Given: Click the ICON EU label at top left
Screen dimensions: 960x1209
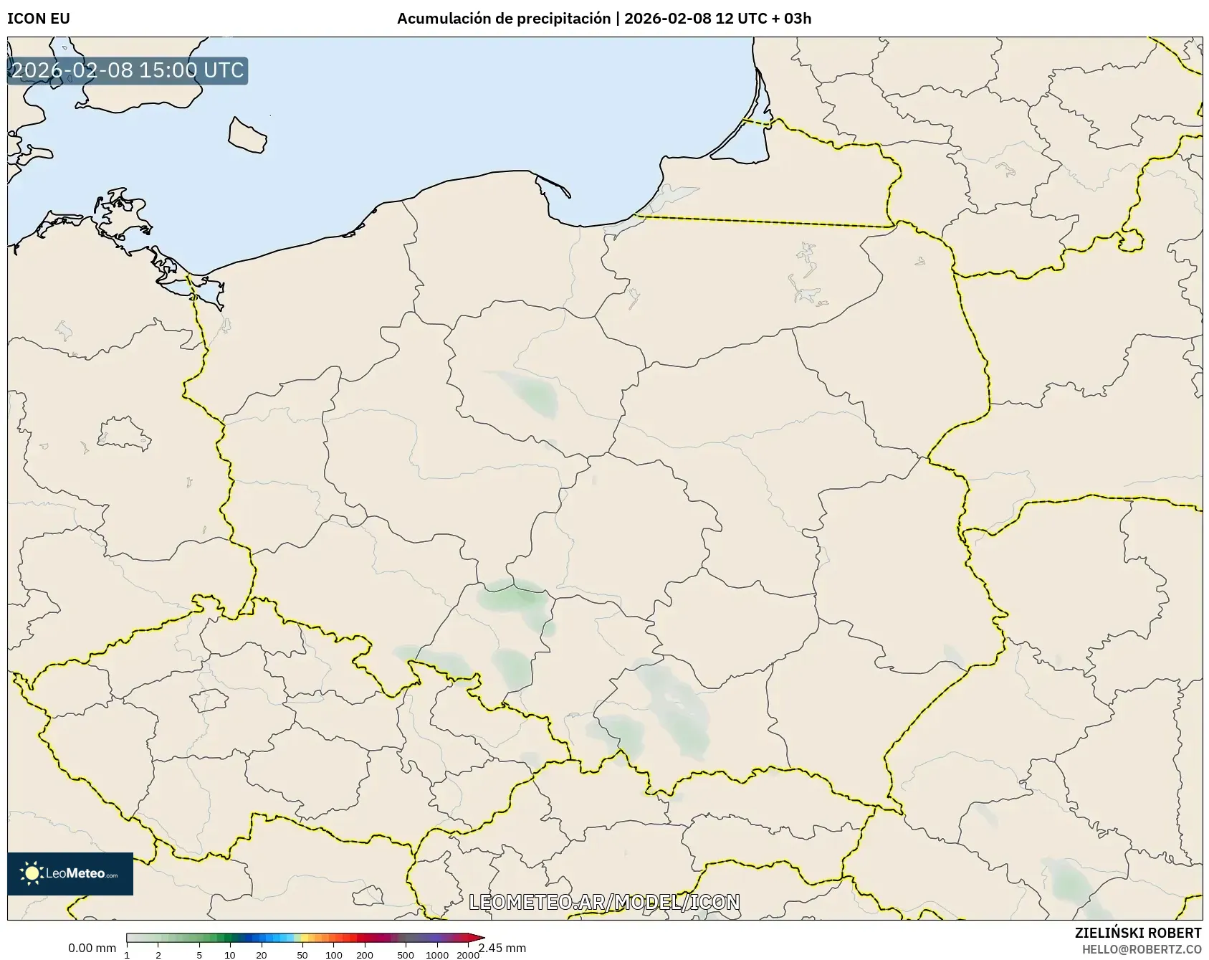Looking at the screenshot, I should pyautogui.click(x=39, y=19).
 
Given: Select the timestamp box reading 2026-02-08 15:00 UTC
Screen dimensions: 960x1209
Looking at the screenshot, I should pyautogui.click(x=128, y=71).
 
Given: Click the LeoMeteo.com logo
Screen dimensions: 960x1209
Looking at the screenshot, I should pyautogui.click(x=70, y=873).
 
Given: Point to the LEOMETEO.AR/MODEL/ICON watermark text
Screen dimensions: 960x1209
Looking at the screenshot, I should pyautogui.click(x=604, y=902).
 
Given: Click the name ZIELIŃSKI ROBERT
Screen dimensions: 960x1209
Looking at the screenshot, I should pyautogui.click(x=1138, y=933).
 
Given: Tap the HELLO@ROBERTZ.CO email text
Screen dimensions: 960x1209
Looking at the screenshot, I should pyautogui.click(x=1142, y=949).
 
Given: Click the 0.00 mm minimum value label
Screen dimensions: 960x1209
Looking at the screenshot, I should pyautogui.click(x=92, y=949).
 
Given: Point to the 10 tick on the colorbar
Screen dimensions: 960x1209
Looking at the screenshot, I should pyautogui.click(x=229, y=954).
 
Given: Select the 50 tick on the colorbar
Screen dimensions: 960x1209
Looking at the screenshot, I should pyautogui.click(x=302, y=954).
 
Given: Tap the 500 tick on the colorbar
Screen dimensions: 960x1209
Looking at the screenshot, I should pyautogui.click(x=406, y=954).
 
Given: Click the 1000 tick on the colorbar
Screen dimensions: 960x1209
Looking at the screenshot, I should pyautogui.click(x=437, y=954).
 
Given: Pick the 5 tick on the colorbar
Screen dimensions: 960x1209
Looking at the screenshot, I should pyautogui.click(x=199, y=954).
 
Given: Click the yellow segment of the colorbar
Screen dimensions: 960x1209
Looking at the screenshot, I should pyautogui.click(x=304, y=938).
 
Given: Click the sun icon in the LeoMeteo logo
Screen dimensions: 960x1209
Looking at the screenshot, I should pyautogui.click(x=32, y=873).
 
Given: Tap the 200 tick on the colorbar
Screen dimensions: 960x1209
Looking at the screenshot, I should pyautogui.click(x=365, y=954).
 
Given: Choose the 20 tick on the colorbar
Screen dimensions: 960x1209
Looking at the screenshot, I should pyautogui.click(x=261, y=954).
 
